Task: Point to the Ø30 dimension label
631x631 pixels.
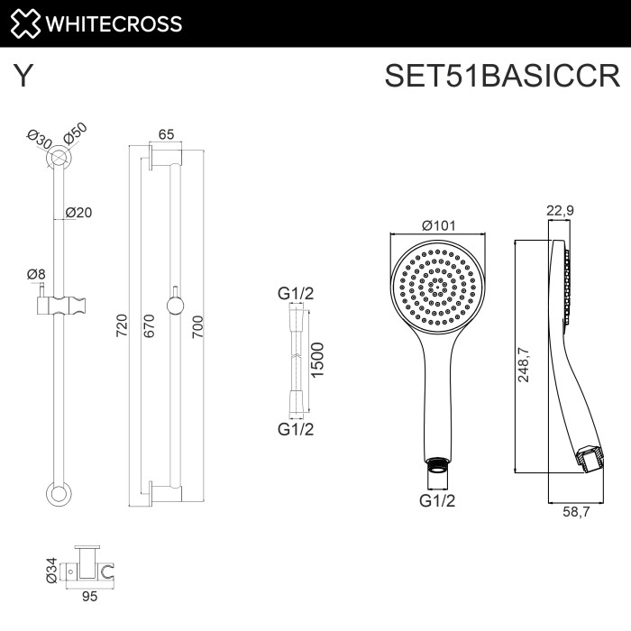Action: tap(38, 141)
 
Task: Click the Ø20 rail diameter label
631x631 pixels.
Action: tap(79, 213)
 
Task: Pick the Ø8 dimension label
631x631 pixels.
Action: tap(36, 274)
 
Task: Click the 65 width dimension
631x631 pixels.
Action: tap(166, 134)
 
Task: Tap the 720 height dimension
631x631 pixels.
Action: tap(123, 325)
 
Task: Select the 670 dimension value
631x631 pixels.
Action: tap(149, 325)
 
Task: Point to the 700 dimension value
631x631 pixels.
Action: tap(198, 325)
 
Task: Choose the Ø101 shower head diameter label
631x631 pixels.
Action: tap(438, 227)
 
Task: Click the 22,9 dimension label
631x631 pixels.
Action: tap(561, 211)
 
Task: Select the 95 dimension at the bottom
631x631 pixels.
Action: tap(88, 596)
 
